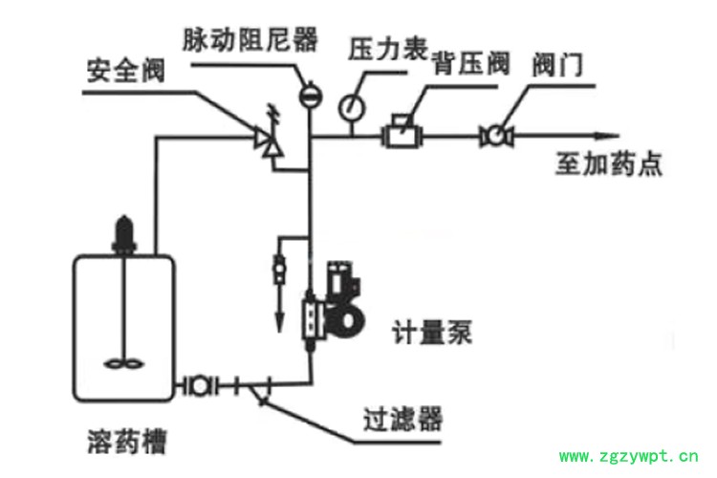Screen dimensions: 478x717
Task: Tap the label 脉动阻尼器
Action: click(250, 39)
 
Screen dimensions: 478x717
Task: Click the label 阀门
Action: click(556, 65)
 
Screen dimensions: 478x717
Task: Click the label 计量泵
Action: click(433, 335)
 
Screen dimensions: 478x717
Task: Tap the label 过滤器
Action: click(402, 418)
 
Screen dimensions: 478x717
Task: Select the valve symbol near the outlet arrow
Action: click(497, 136)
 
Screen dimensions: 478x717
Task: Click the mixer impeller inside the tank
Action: click(123, 362)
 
